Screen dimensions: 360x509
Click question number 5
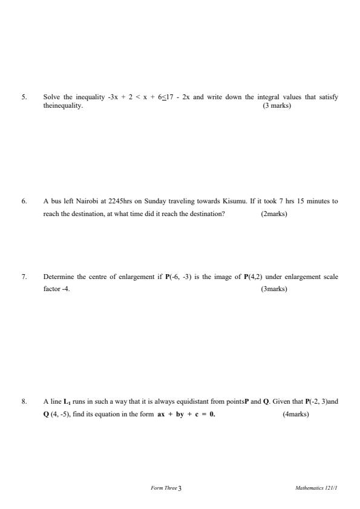(x=24, y=97)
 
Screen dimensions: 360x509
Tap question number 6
(x=24, y=201)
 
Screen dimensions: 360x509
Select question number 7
(x=24, y=277)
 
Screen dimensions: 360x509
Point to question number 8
(x=24, y=401)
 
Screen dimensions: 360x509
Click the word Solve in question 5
(x=51, y=97)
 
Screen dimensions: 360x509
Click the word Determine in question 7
(x=59, y=277)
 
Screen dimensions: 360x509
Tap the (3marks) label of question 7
(x=274, y=289)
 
